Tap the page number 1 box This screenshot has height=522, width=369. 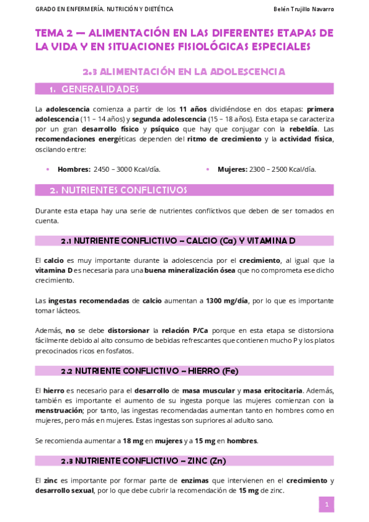pos(326,505)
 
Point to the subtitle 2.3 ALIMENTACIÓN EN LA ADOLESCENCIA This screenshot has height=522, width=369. pos(184,71)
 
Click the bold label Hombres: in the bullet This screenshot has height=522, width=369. pos(74,169)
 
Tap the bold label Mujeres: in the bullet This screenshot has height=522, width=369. pos(232,169)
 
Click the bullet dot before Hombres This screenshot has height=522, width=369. pos(47,169)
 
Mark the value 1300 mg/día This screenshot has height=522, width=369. pos(228,300)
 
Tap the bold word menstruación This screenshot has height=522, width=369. pos(59,411)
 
